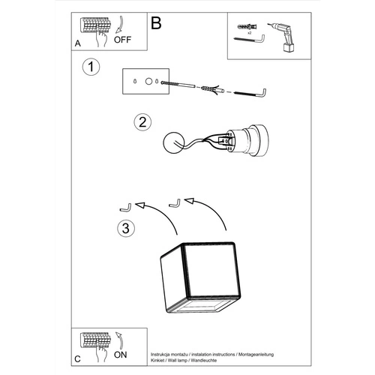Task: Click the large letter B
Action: [x=156, y=23]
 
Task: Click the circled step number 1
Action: [x=91, y=67]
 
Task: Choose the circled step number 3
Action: [x=128, y=227]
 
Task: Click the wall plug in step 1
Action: [x=207, y=90]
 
